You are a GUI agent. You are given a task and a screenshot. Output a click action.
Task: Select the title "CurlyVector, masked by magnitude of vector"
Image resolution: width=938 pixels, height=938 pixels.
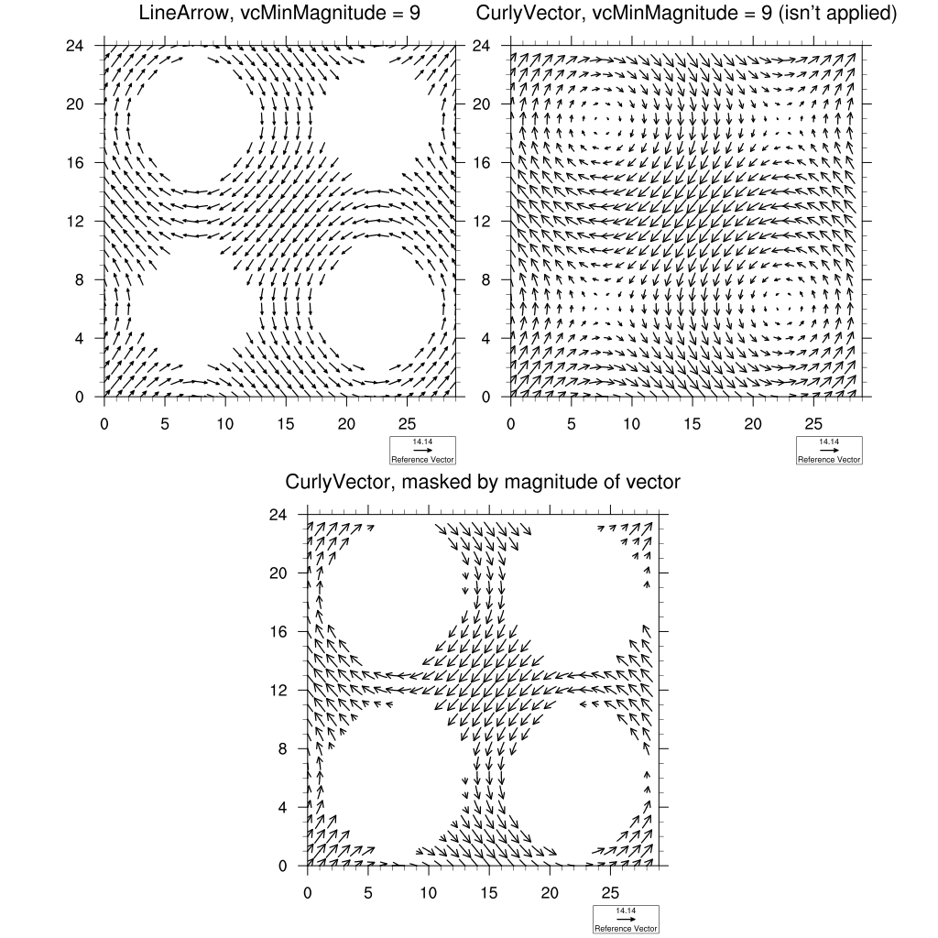tap(483, 482)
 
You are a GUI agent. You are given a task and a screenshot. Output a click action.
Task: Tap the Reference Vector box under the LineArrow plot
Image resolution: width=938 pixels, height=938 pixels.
tap(422, 451)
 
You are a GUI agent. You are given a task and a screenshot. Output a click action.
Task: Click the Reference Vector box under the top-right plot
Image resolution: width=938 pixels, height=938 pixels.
tap(829, 451)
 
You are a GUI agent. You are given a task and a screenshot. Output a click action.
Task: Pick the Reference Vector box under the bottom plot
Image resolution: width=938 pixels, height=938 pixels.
tap(626, 920)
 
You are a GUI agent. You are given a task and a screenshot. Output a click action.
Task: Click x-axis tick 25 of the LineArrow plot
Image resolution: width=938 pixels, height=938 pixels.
tap(407, 424)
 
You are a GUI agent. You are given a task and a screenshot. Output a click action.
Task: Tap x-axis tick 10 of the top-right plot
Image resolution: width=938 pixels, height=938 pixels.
tap(631, 424)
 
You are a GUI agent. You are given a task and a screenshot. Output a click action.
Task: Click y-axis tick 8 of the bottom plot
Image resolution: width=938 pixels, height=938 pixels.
tap(281, 748)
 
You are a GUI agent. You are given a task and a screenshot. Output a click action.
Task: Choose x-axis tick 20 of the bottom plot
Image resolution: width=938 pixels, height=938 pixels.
tap(550, 893)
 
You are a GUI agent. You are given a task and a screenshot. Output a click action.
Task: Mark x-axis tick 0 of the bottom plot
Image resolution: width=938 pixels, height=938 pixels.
tap(308, 893)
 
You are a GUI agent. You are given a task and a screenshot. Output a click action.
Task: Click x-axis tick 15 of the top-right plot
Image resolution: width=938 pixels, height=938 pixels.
tap(692, 424)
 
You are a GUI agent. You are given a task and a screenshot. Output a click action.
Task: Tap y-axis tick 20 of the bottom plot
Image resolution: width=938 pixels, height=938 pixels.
tap(277, 573)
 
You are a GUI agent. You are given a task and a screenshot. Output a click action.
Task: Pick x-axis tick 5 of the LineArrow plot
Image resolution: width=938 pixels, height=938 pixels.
tap(165, 424)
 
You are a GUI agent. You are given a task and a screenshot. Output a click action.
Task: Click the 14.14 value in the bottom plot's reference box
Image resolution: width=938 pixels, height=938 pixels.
tap(626, 911)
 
